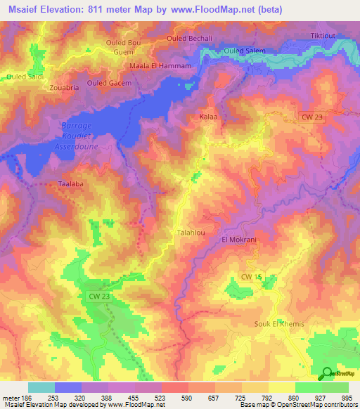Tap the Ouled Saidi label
[25, 75]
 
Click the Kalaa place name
[208, 115]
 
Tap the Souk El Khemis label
[278, 323]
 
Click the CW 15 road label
[251, 279]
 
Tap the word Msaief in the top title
[28, 11]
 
